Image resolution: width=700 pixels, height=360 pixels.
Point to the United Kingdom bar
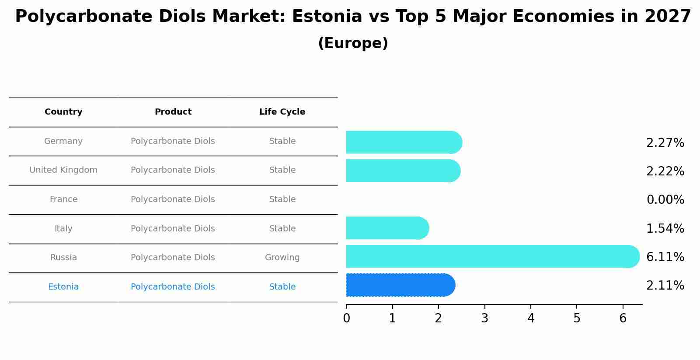coord(403,171)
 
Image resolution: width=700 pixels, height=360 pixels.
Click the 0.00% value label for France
coord(665,200)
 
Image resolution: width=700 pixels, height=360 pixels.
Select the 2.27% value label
coord(665,143)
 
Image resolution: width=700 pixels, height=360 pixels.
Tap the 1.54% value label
coord(665,228)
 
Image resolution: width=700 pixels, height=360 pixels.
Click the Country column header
coord(63,112)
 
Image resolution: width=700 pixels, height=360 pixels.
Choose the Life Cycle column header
coord(282,112)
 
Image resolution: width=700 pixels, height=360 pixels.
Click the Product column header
coord(173,112)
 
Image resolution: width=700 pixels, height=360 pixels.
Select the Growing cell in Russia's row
coord(282,258)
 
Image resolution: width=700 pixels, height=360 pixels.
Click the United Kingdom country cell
coord(63,170)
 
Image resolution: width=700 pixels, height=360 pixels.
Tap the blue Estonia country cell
coord(63,287)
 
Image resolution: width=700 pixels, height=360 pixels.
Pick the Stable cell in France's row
coord(282,199)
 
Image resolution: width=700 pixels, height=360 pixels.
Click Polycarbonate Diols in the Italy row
coord(173,228)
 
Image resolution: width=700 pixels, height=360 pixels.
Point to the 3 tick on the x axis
coord(484,318)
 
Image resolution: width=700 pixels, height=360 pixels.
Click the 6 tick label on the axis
coord(623,318)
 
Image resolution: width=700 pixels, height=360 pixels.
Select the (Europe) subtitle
coord(353,43)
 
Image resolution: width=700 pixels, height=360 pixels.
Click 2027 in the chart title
coord(668,17)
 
